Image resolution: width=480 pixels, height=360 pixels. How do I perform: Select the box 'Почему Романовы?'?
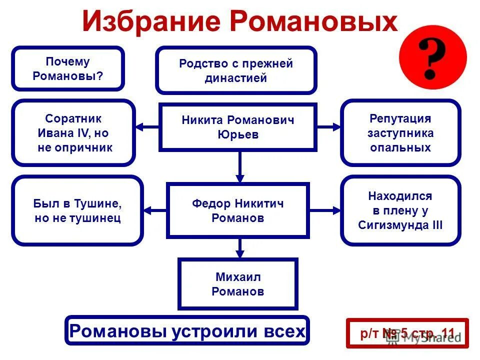[68, 69]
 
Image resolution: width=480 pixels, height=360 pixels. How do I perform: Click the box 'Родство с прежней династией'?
[236, 70]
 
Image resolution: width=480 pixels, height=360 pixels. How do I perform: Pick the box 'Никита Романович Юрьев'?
[237, 127]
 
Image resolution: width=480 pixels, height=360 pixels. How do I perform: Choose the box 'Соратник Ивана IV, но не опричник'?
[73, 133]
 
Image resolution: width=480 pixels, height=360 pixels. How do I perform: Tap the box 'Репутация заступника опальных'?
[400, 133]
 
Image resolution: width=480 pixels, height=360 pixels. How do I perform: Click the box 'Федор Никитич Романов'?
[237, 210]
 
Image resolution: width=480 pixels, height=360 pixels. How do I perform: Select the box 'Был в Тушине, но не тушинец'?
[77, 210]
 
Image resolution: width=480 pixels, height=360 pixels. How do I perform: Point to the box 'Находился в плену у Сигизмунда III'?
[400, 210]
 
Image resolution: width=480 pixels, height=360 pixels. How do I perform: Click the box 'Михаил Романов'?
[238, 284]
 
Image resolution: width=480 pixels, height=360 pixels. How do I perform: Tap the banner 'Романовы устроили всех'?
[187, 330]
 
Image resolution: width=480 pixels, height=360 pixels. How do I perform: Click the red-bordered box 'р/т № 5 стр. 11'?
[407, 333]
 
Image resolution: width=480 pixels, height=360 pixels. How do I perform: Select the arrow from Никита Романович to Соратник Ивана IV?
[147, 127]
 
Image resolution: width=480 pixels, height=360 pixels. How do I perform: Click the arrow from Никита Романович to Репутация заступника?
[328, 127]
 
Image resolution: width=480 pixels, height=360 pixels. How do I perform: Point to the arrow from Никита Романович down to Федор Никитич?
[240, 166]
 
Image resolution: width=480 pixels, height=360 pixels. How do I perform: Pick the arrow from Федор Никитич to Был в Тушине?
[155, 210]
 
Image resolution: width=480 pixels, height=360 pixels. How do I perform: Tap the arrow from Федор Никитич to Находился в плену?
[324, 210]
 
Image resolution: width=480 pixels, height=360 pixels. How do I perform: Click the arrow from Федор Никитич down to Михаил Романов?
[240, 247]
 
